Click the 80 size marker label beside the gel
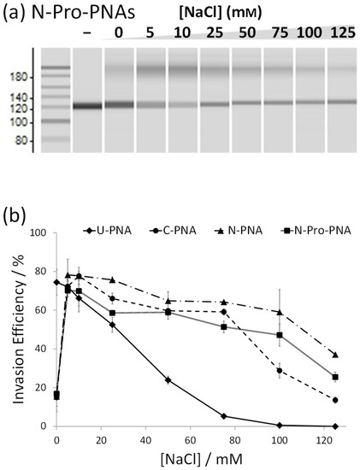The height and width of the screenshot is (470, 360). click(x=21, y=139)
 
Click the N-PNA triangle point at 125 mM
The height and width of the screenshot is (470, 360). click(x=335, y=355)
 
